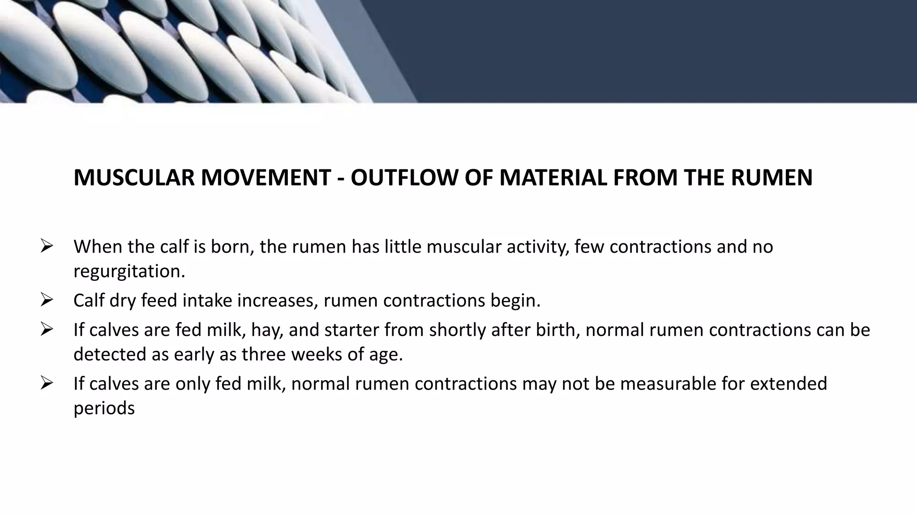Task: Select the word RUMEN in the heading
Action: [x=771, y=177]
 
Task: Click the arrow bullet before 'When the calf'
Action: [x=47, y=246]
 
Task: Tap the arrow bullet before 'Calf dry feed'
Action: [x=47, y=300]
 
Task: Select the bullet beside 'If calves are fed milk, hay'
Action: [x=47, y=330]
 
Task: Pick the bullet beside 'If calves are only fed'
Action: [x=47, y=383]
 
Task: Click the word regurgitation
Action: [x=129, y=271]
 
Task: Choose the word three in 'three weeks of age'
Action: [x=264, y=354]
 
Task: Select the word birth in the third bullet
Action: [x=558, y=330]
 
